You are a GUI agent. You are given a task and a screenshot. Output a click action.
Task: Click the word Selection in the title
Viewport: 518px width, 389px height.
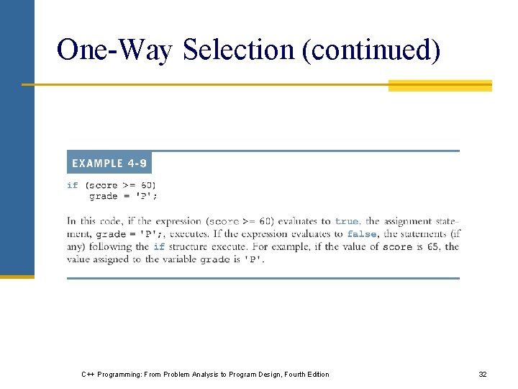[238, 50]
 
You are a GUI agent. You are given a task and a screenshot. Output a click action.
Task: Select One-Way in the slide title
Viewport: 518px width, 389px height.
[114, 50]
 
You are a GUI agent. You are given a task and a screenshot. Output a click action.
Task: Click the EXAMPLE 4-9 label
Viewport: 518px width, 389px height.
[109, 164]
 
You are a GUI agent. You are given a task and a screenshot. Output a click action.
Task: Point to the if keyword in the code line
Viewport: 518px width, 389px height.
[72, 185]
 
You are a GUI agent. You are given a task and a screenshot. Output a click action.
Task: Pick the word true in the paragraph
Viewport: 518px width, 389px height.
[347, 221]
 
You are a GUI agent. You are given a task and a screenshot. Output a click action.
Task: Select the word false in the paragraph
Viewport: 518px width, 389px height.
[361, 234]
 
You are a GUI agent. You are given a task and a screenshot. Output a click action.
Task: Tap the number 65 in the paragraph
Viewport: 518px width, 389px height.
[433, 246]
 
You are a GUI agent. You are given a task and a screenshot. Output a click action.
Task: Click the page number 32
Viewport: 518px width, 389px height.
[483, 374]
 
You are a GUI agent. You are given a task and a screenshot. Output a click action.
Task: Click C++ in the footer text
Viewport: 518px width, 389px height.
[86, 374]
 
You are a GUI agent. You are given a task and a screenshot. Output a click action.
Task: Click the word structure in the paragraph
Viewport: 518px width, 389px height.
[190, 246]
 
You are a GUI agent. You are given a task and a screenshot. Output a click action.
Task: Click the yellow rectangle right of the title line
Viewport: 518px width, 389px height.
[440, 86]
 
